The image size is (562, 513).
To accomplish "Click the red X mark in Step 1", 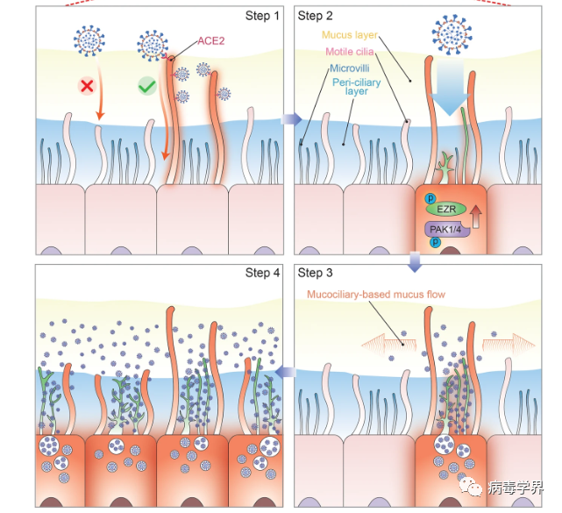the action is click(x=87, y=86).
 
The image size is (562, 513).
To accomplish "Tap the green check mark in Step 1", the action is click(x=147, y=86).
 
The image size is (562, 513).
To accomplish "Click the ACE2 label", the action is click(x=211, y=41).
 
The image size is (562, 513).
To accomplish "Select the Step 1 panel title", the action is click(x=262, y=16).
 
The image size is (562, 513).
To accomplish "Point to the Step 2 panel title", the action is click(x=315, y=16).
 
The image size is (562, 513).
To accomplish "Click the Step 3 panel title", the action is click(x=315, y=273).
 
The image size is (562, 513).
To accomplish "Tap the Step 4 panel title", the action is click(x=262, y=273).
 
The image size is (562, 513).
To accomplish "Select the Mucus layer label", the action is click(x=350, y=35).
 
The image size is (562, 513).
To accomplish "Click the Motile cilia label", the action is click(x=350, y=52).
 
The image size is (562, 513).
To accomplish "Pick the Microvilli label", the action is click(x=350, y=68).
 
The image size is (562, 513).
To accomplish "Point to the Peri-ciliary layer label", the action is click(x=356, y=87).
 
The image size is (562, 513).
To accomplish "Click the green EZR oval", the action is click(x=446, y=209).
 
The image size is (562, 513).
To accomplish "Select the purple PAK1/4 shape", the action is click(x=447, y=230).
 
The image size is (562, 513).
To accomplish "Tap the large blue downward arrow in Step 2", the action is click(x=450, y=86).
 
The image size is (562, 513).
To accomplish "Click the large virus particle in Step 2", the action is click(x=452, y=35).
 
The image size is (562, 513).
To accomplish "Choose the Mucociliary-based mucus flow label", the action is click(x=376, y=295).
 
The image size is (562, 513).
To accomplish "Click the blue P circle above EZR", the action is click(x=430, y=198).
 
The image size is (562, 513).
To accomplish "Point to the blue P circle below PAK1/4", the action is click(x=435, y=242).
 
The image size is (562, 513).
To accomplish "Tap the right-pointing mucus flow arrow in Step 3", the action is click(x=509, y=345).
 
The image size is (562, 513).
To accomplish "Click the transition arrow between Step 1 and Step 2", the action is click(x=291, y=119).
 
